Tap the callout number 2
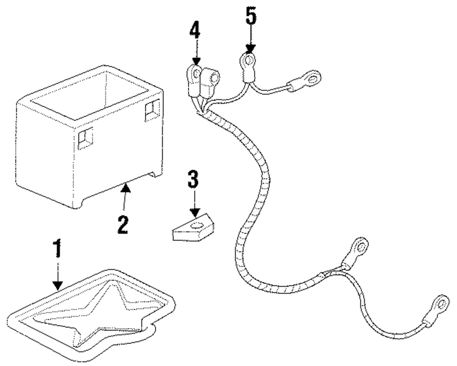(122, 224)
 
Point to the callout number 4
(196, 32)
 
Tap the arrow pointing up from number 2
(126, 197)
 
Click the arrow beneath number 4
(196, 53)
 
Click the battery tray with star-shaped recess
(91, 311)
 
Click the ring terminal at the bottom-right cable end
(441, 302)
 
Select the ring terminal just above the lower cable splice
(361, 248)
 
